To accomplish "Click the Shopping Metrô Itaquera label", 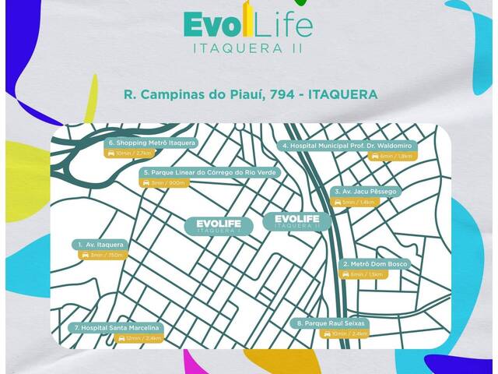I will tap(152, 143).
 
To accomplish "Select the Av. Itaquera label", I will tap(102, 245).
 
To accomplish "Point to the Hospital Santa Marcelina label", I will tap(115, 328).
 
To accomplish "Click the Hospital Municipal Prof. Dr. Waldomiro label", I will tap(347, 146).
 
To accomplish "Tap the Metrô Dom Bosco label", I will tap(375, 264).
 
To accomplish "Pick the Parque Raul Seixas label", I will tap(330, 323).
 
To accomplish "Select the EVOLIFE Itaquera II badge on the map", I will tap(297, 221).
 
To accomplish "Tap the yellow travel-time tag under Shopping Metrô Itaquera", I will tap(128, 154).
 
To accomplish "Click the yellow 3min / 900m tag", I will tap(164, 182).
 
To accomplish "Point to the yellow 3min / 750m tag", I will tap(103, 256).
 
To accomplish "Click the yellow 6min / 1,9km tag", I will tap(394, 157).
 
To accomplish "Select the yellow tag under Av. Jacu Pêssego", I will tap(357, 202).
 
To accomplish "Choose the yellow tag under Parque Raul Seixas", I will tap(345, 333).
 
